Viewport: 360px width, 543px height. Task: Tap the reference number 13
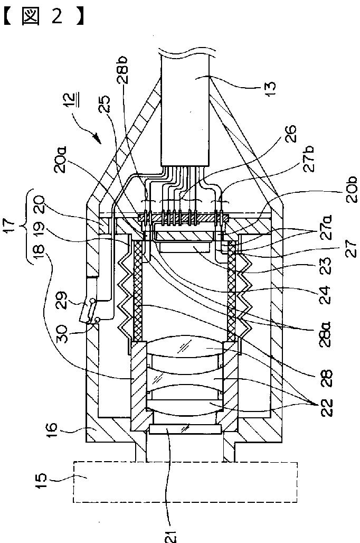(x=270, y=89)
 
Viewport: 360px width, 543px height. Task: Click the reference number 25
(x=105, y=104)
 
